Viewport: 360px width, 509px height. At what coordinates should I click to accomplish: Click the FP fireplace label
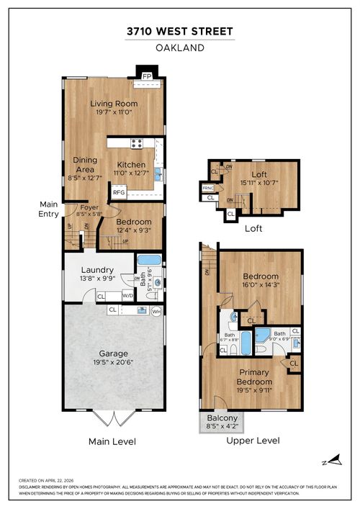tap(147, 76)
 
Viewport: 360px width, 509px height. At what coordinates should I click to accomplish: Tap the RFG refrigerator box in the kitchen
tap(117, 193)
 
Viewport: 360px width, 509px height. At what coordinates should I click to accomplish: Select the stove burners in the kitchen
tap(136, 143)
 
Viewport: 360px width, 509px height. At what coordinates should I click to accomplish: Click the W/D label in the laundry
tap(127, 296)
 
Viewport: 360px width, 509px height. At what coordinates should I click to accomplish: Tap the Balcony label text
tap(222, 418)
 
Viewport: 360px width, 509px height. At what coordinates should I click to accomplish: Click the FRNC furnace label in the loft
tap(207, 189)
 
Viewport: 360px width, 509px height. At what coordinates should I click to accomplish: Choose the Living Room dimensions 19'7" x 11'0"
tap(114, 112)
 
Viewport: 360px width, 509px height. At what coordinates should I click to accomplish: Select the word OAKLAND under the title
tap(179, 48)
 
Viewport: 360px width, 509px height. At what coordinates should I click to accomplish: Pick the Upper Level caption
tap(253, 441)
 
